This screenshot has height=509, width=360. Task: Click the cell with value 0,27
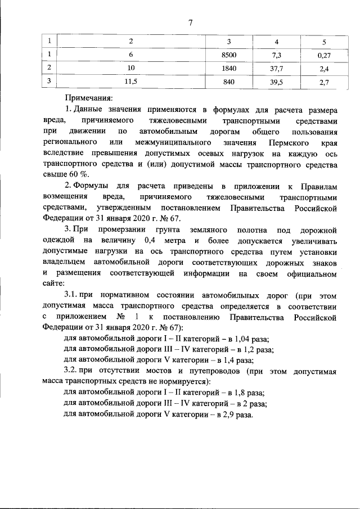pos(323,55)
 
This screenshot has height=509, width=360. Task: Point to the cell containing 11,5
pos(131,82)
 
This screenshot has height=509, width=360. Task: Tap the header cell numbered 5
pos(323,42)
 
